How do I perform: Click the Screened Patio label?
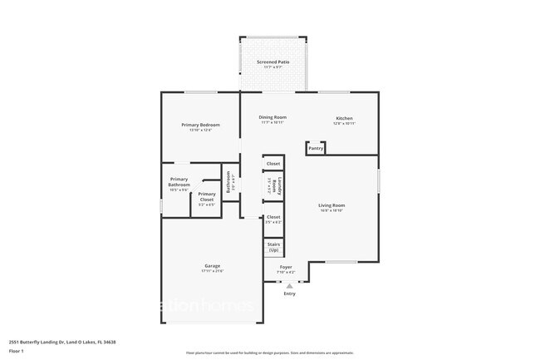click(x=272, y=62)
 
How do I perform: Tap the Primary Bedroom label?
click(x=200, y=125)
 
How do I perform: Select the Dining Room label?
click(x=272, y=117)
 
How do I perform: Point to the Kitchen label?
click(x=344, y=117)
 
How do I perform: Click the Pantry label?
click(x=315, y=150)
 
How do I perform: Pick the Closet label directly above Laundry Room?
click(x=273, y=165)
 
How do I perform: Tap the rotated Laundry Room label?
click(x=280, y=187)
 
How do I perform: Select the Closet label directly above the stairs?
click(x=273, y=217)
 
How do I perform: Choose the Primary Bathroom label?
click(x=179, y=182)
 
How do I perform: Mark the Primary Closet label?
click(x=207, y=196)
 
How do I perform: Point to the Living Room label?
click(x=331, y=205)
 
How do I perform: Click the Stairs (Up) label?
click(x=273, y=247)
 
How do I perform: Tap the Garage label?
click(x=213, y=266)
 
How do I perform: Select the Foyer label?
click(x=285, y=267)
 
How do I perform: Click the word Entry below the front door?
click(x=289, y=293)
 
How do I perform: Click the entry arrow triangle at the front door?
click(x=289, y=285)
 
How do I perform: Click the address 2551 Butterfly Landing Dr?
click(x=61, y=342)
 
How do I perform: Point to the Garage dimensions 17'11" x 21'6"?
click(x=213, y=272)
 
